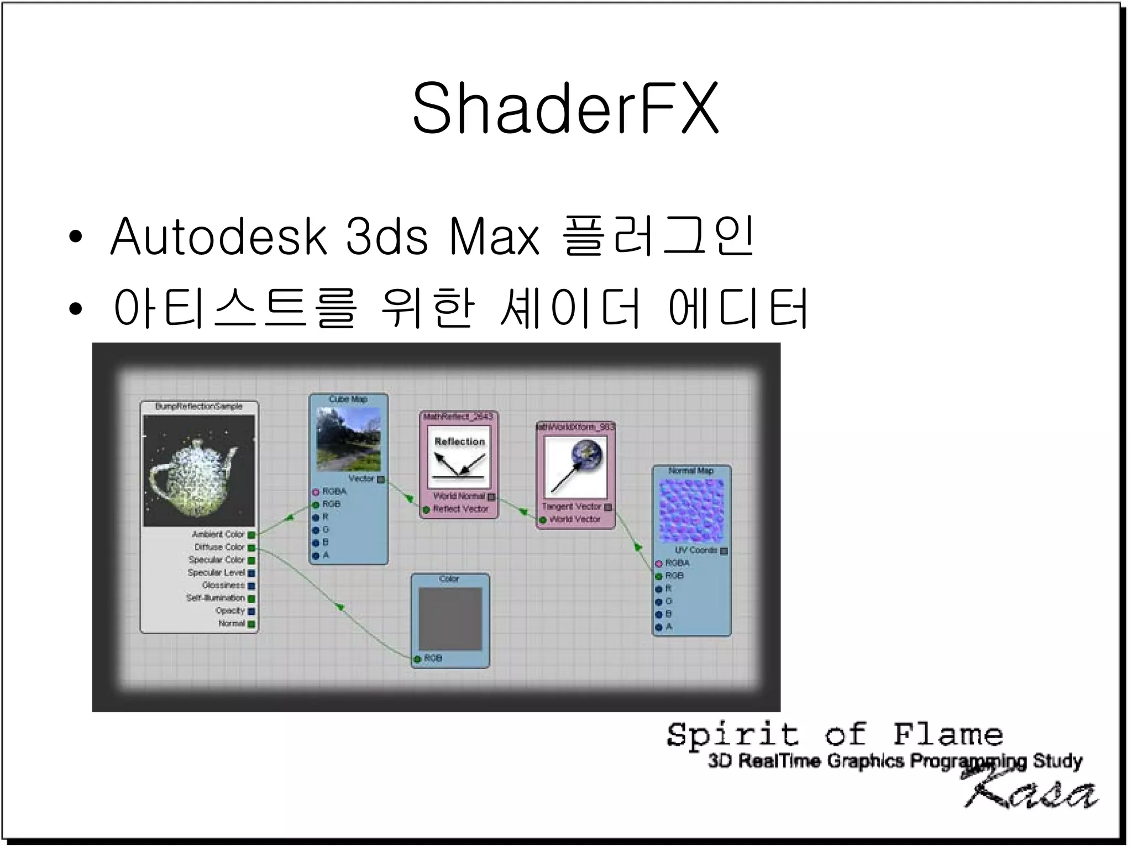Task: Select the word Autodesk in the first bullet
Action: [219, 237]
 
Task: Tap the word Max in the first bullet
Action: [494, 237]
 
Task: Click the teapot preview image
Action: [199, 471]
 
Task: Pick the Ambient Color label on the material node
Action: [218, 534]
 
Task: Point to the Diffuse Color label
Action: [219, 547]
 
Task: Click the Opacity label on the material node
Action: [230, 611]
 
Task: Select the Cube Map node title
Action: [348, 399]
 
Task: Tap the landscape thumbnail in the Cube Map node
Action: [349, 439]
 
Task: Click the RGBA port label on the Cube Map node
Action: [334, 491]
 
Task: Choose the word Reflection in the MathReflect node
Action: [459, 442]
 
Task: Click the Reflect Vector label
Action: [460, 509]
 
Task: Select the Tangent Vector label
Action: [571, 506]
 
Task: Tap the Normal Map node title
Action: [691, 471]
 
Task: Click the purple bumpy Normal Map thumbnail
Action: [691, 510]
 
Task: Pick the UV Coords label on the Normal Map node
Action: [695, 550]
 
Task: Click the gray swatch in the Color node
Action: [450, 618]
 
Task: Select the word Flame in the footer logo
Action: [947, 735]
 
